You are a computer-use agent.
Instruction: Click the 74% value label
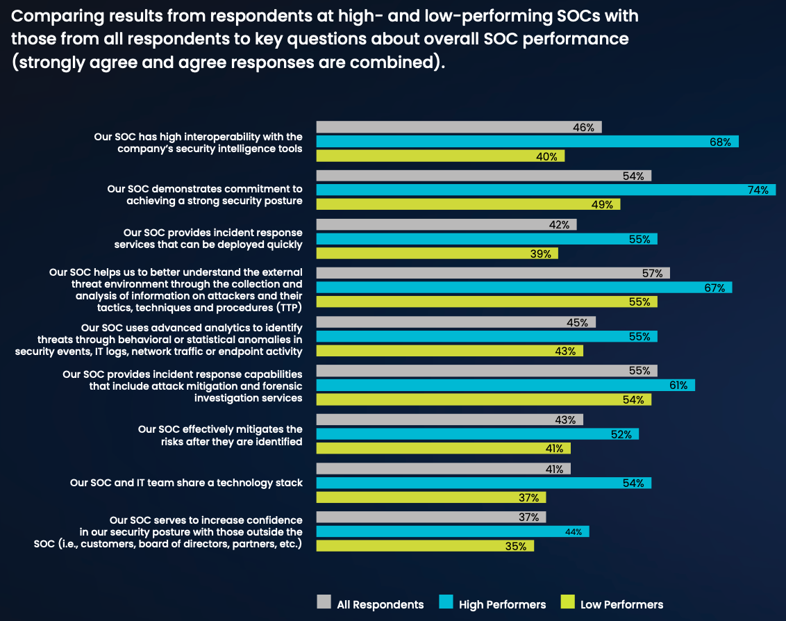[758, 190]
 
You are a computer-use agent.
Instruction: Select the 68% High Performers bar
[527, 142]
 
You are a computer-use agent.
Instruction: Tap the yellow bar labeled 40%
[440, 156]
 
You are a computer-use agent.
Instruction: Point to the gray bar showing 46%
[458, 127]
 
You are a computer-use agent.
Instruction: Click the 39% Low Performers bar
[437, 254]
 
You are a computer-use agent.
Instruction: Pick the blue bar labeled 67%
[524, 288]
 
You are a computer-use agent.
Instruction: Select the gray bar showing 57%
[493, 274]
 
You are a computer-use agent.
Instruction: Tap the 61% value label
[678, 386]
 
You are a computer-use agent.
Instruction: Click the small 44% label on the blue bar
[574, 532]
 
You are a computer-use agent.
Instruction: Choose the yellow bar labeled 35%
[425, 546]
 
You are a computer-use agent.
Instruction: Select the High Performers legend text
[502, 604]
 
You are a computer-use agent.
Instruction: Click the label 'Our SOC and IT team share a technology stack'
[186, 483]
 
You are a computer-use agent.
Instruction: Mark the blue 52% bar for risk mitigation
[477, 434]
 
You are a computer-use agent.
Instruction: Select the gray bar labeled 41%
[443, 469]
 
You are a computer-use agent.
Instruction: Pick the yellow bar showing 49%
[468, 204]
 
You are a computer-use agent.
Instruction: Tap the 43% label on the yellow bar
[565, 351]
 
